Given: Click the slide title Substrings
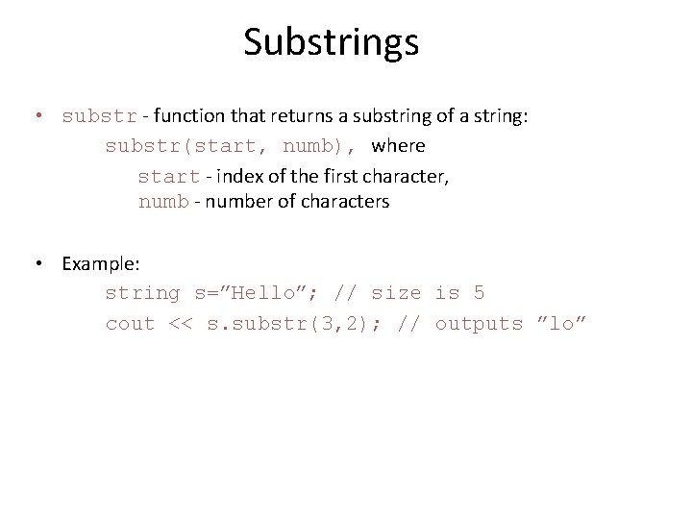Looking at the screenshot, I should [x=331, y=42].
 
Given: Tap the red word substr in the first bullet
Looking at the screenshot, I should [x=99, y=117].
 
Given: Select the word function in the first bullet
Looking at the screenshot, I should [x=185, y=116].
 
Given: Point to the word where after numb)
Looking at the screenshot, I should [x=398, y=146].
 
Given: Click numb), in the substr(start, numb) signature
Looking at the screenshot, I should [x=320, y=147].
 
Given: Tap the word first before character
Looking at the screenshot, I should [x=339, y=176].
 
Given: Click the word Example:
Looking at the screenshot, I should [x=101, y=263].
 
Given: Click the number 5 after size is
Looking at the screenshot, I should [x=479, y=293].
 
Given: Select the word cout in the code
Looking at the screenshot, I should [x=130, y=324].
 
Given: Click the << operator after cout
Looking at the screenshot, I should [x=181, y=324].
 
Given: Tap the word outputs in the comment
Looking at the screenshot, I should [x=479, y=324].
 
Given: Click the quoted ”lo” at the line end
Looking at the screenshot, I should [x=561, y=324].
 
